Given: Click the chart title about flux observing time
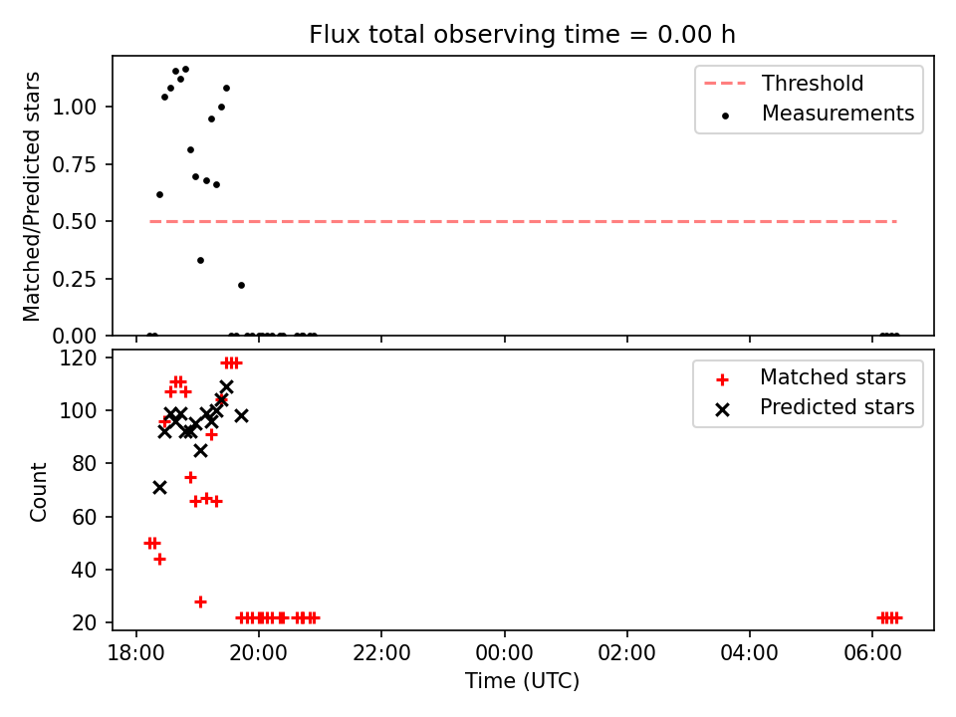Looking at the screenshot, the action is (522, 34).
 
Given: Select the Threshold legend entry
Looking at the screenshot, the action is (784, 83).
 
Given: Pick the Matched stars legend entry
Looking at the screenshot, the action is (811, 377).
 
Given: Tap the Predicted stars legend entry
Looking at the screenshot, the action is (816, 407).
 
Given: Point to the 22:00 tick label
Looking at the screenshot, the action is (381, 653).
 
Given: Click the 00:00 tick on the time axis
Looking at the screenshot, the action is (504, 653).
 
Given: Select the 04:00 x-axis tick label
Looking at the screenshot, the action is (749, 653).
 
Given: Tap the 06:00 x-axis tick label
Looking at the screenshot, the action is (872, 653).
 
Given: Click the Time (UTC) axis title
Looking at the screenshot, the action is (522, 680).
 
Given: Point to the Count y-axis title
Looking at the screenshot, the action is (38, 492).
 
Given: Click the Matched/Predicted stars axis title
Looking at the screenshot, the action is (31, 196).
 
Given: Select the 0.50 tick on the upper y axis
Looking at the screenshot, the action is (75, 221).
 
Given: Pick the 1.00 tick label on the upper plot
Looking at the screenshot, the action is (75, 108).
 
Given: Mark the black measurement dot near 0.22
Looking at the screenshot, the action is (241, 286).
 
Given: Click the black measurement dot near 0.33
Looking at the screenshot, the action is (200, 260).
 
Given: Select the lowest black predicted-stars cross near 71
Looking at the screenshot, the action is (159, 488).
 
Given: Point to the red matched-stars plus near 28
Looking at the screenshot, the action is (200, 601).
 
